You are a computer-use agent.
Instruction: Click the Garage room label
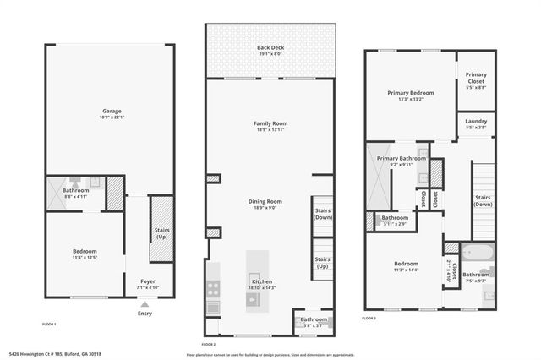(x=110, y=112)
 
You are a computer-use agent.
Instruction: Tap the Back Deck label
(x=270, y=48)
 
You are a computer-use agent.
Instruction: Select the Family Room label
(x=270, y=124)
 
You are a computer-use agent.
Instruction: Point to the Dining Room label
(x=265, y=201)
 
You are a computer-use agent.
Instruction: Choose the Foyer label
(x=146, y=281)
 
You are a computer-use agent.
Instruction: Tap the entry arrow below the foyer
(x=145, y=303)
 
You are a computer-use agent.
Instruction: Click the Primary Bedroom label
(x=410, y=92)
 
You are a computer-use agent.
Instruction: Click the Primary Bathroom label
(x=402, y=158)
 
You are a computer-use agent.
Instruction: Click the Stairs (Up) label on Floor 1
(x=161, y=232)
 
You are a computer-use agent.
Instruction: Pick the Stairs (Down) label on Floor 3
(x=483, y=200)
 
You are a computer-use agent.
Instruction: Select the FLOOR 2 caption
(x=209, y=345)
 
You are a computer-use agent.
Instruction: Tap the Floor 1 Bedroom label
(x=85, y=251)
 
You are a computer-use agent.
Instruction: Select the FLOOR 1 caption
(x=49, y=324)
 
